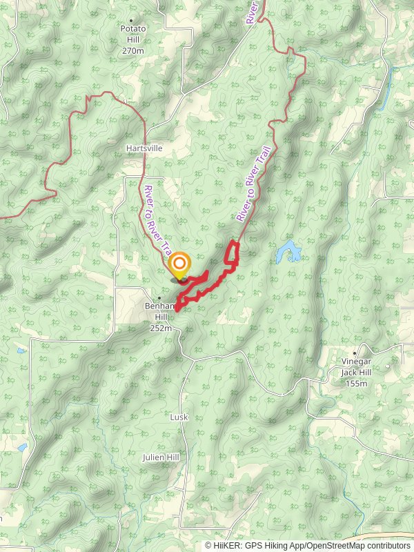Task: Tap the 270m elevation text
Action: click(133, 50)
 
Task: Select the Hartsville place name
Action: click(144, 148)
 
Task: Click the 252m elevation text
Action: click(161, 328)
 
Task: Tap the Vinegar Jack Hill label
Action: click(356, 367)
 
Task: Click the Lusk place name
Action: click(179, 417)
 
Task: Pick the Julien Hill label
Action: click(161, 457)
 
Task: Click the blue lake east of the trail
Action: click(288, 252)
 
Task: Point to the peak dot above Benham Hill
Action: click(160, 298)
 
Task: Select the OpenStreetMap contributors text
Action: click(366, 546)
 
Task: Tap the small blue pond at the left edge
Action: click(22, 447)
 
